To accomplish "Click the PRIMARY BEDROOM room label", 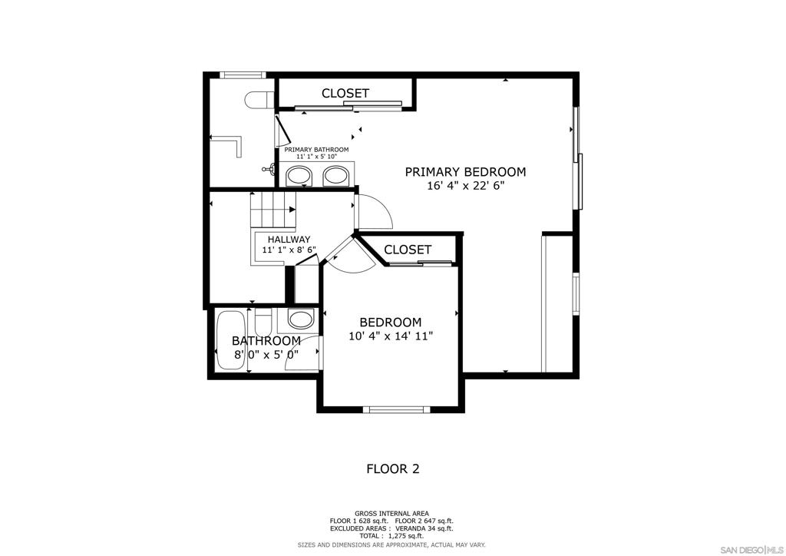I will pos(465,172).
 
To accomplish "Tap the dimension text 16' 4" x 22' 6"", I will pos(465,186).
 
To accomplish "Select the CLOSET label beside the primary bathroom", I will pos(345,93).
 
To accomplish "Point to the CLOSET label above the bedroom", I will pos(408,250).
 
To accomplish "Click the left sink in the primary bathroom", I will pos(299,176).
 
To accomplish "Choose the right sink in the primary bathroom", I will pos(335,176).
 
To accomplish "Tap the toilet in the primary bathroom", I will pos(258,100).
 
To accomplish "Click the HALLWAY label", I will pos(289,240).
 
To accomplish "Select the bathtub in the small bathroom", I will pos(230,342).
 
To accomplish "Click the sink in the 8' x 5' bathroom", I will pos(300,318).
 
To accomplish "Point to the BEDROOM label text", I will pos(391,323).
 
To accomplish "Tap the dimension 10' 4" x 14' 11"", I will pos(391,336).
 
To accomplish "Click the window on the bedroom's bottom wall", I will pos(396,409).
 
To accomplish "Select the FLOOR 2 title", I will pos(392,468).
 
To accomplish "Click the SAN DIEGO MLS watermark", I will pos(751,549).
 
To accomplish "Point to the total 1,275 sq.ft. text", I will pos(392,536).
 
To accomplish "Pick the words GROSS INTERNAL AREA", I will pos(392,513).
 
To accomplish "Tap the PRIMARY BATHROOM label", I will pos(316,150).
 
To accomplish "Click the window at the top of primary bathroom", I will pos(243,75).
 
